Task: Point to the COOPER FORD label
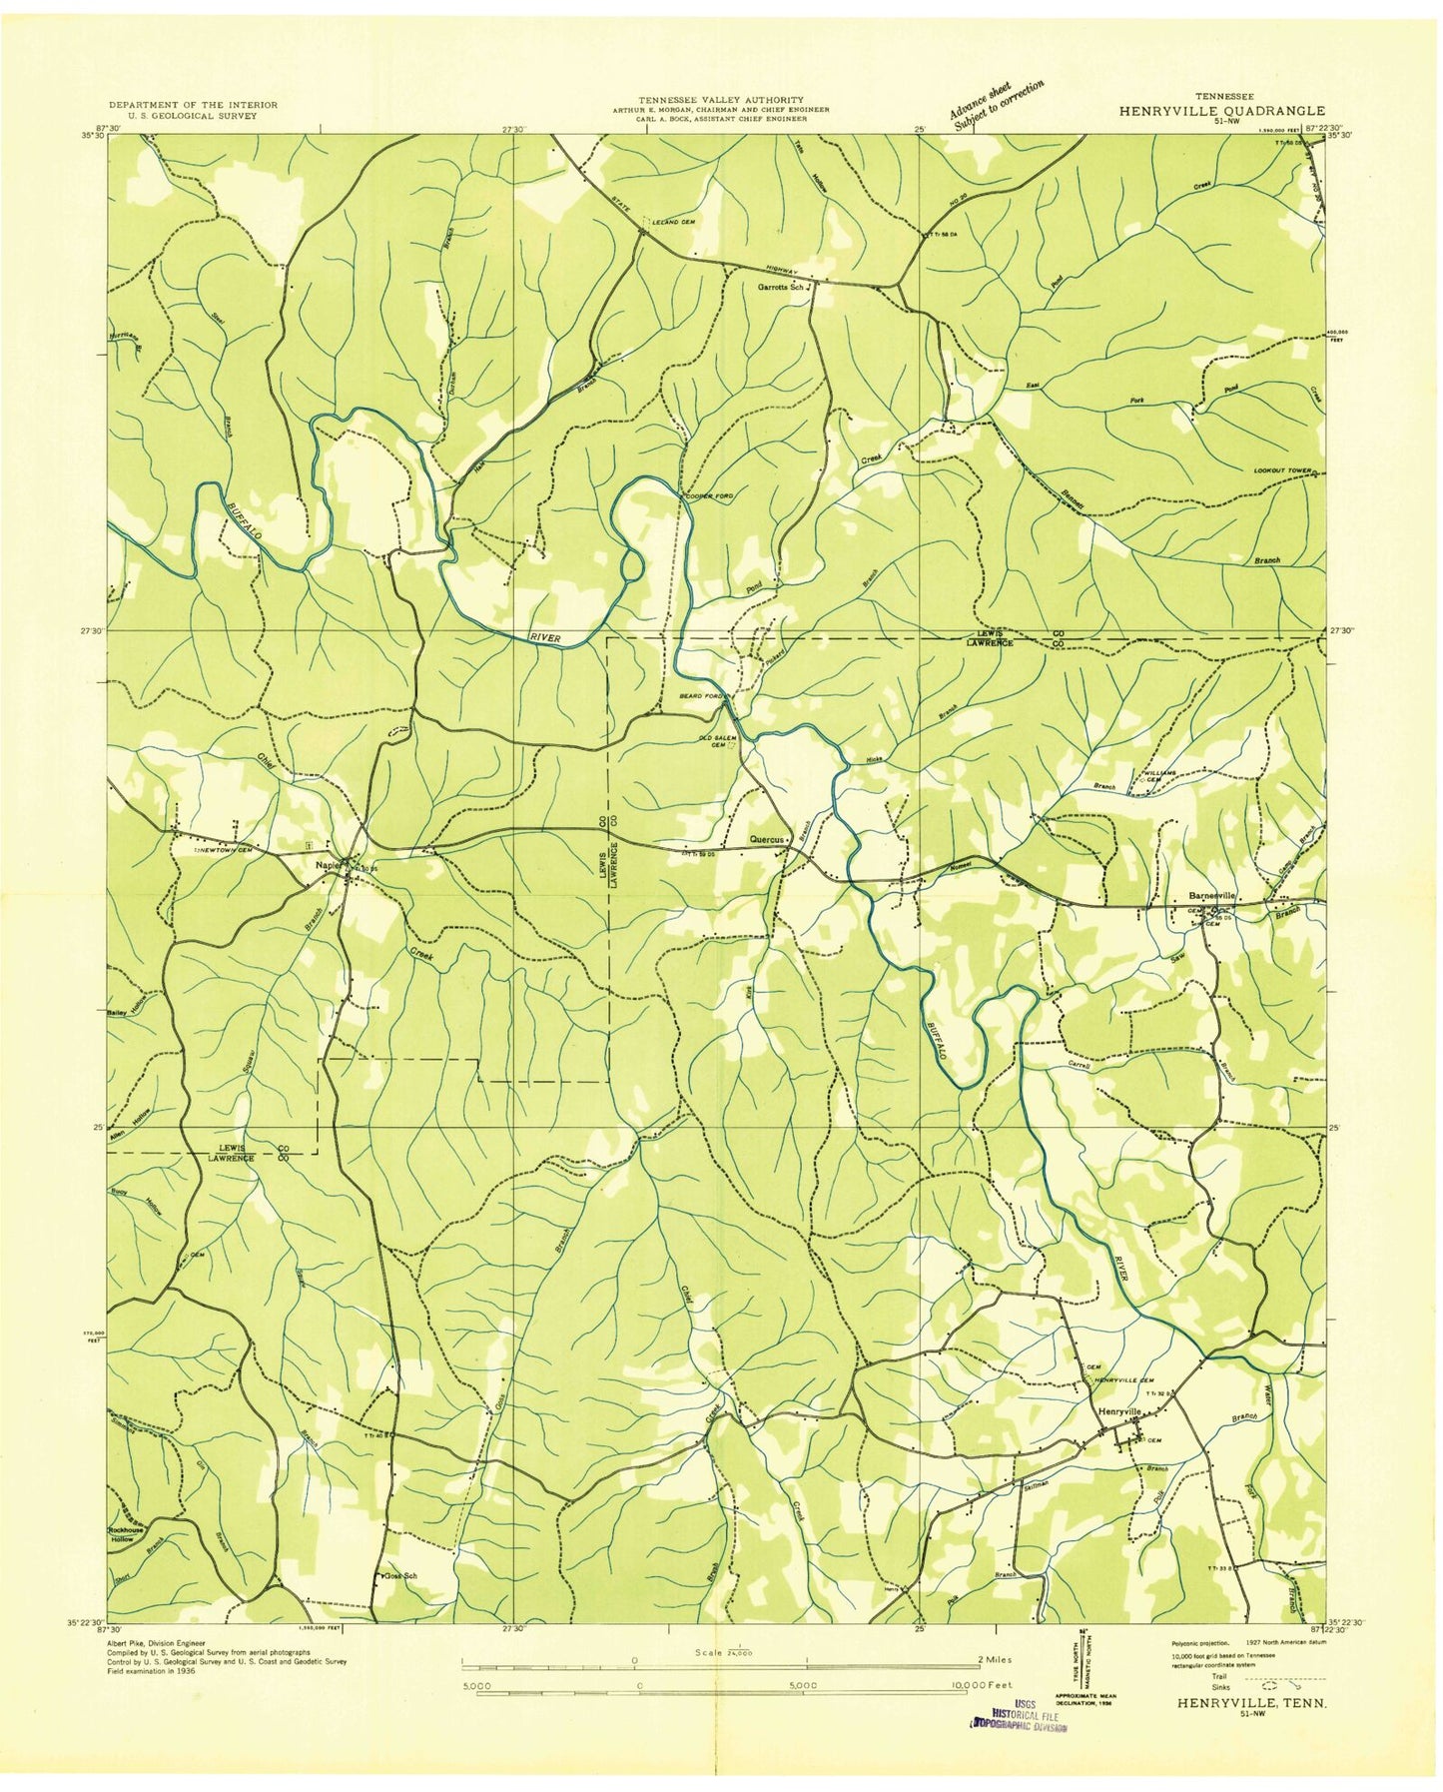[708, 496]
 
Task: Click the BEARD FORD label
[701, 695]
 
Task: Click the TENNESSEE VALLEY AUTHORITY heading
[721, 100]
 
